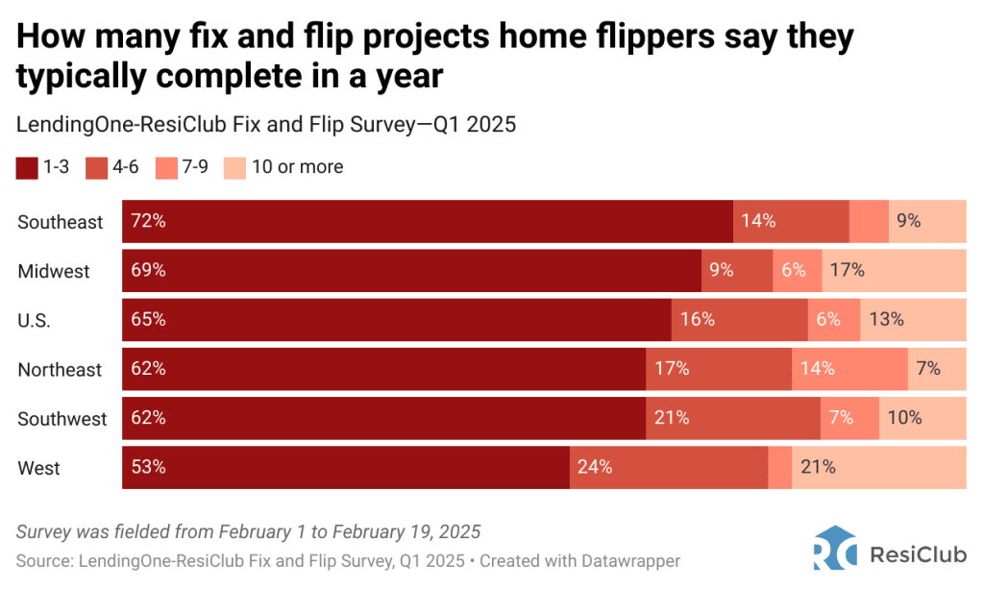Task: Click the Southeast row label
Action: [60, 222]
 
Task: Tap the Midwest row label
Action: [54, 272]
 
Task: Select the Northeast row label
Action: [60, 370]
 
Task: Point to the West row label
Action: [38, 469]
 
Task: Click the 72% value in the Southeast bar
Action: [149, 221]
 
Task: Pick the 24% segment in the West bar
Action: [669, 468]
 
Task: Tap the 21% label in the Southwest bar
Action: [672, 418]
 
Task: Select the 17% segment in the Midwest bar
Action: [894, 271]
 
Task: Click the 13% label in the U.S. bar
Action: [885, 320]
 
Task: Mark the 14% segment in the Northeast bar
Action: [849, 369]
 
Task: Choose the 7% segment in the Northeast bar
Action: [937, 369]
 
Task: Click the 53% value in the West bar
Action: [149, 468]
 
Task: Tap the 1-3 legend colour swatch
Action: [26, 168]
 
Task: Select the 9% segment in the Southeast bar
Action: [926, 221]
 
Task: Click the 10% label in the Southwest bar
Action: [904, 418]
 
